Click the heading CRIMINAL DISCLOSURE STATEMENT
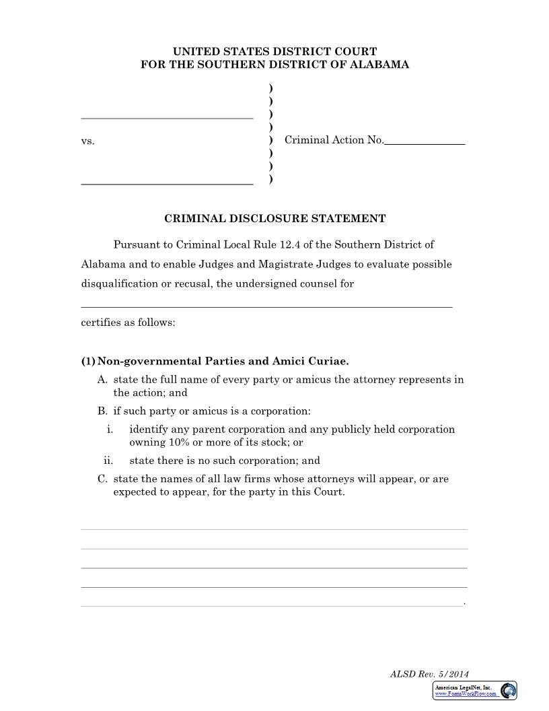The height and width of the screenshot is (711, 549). [x=274, y=219]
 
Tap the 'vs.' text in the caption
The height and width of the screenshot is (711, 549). [x=88, y=141]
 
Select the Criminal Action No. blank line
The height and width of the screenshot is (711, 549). [x=425, y=143]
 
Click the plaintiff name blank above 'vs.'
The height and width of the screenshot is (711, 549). [x=167, y=117]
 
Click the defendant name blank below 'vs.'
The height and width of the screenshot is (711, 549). [x=167, y=182]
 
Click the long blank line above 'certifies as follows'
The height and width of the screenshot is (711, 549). [x=266, y=306]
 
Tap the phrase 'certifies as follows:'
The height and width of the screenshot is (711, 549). [x=128, y=323]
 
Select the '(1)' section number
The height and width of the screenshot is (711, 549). [x=88, y=361]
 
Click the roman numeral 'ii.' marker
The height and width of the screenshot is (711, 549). [x=108, y=461]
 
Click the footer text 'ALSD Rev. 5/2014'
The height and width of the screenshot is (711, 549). [x=429, y=674]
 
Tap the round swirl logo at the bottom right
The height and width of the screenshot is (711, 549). [x=509, y=691]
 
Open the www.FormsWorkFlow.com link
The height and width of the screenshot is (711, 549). [x=466, y=693]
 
